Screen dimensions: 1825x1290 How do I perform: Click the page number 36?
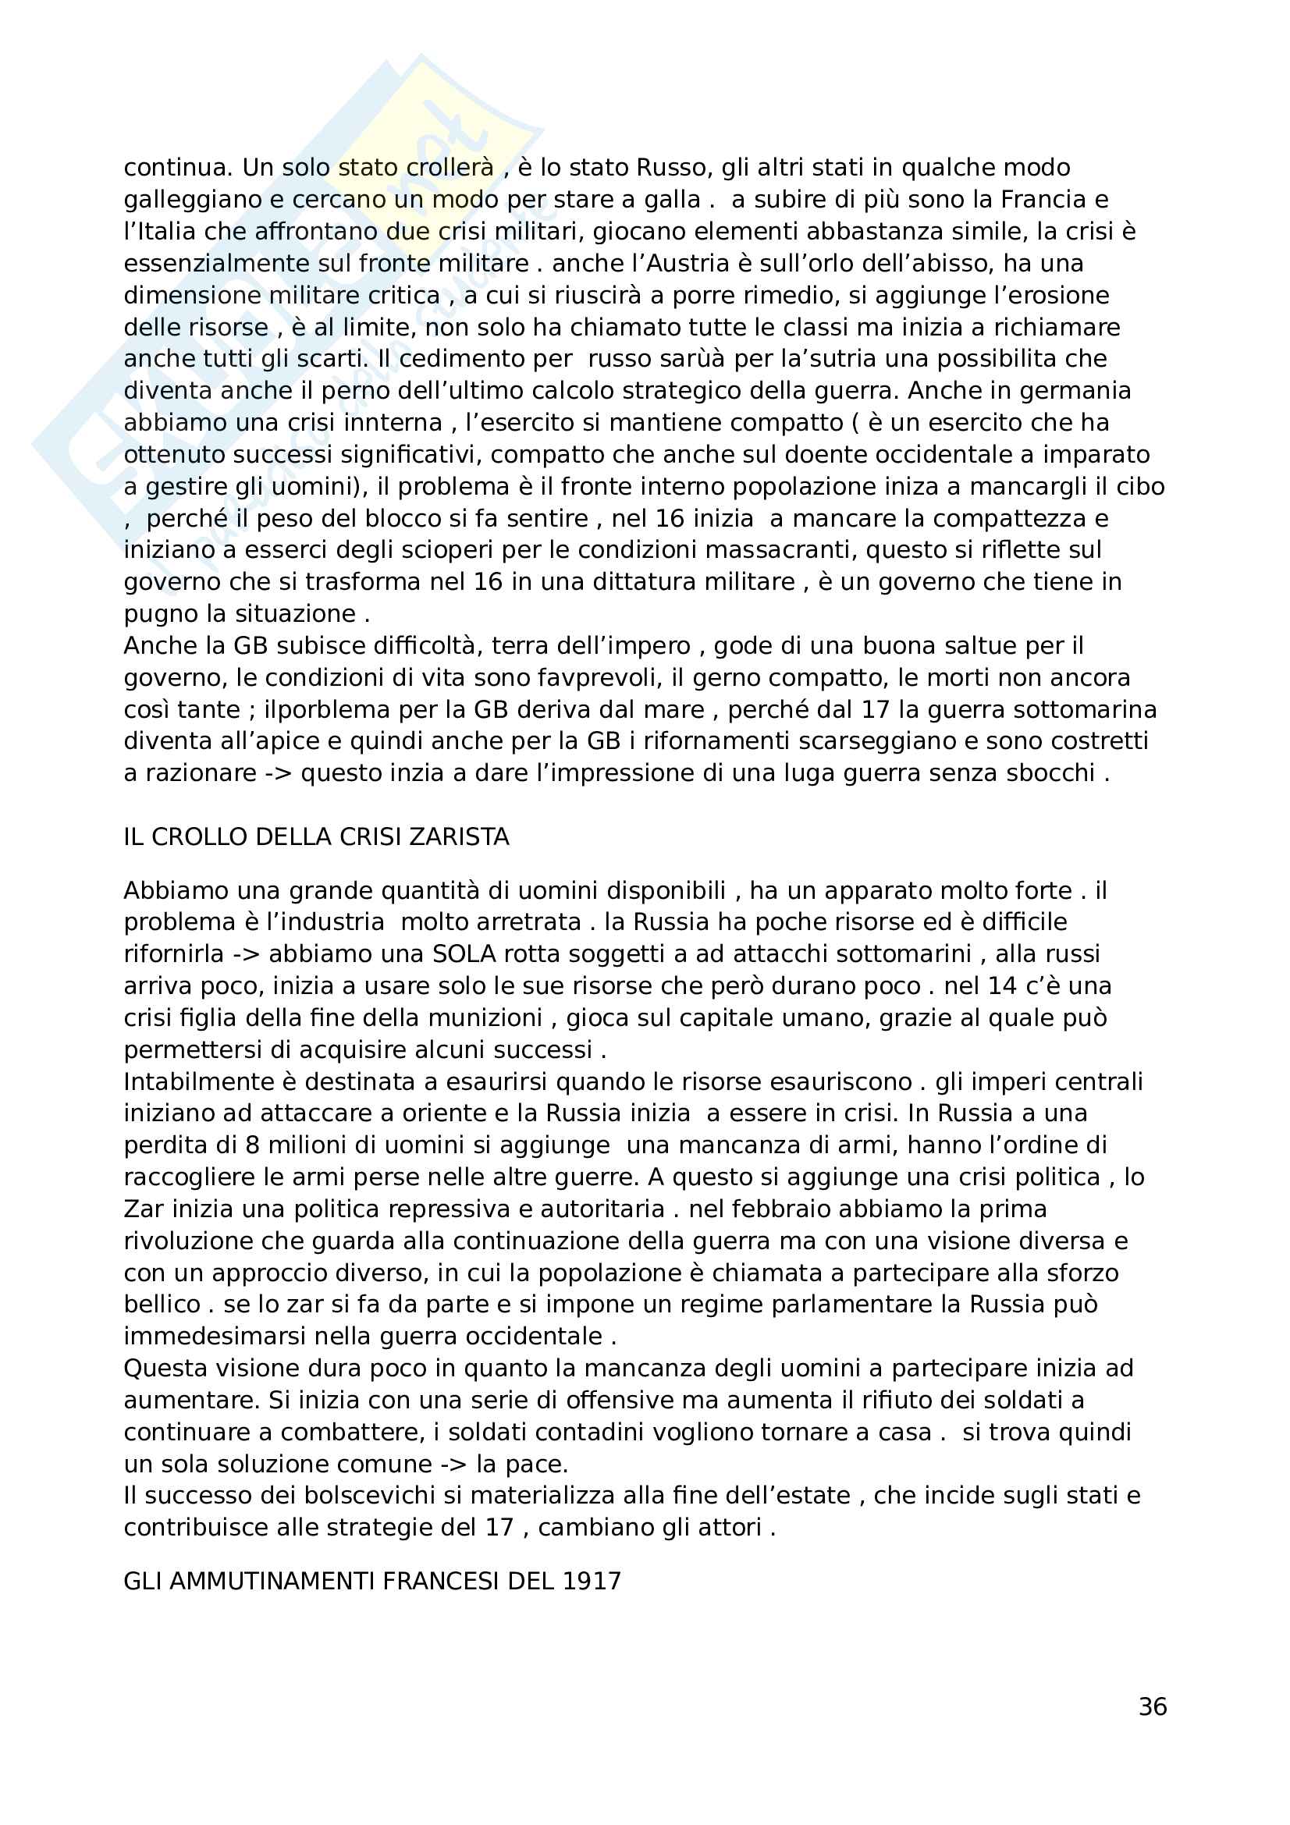point(1153,1706)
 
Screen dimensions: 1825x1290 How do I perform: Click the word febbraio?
point(748,1209)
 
